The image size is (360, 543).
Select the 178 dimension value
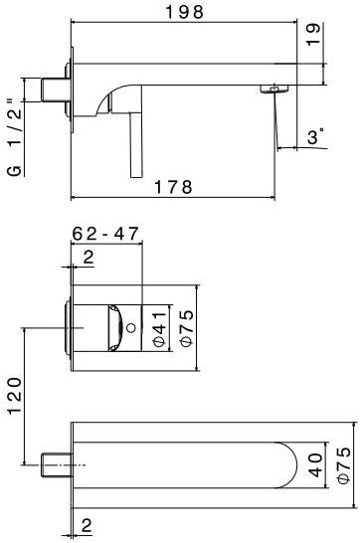(x=173, y=187)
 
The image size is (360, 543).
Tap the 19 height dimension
(x=313, y=34)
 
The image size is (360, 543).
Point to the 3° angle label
(x=316, y=136)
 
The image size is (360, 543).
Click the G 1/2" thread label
(x=15, y=137)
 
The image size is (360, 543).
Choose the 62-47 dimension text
(x=105, y=234)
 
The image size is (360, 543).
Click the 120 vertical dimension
(x=15, y=396)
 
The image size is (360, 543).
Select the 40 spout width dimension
(x=314, y=465)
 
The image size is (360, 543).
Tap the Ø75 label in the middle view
(x=187, y=327)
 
